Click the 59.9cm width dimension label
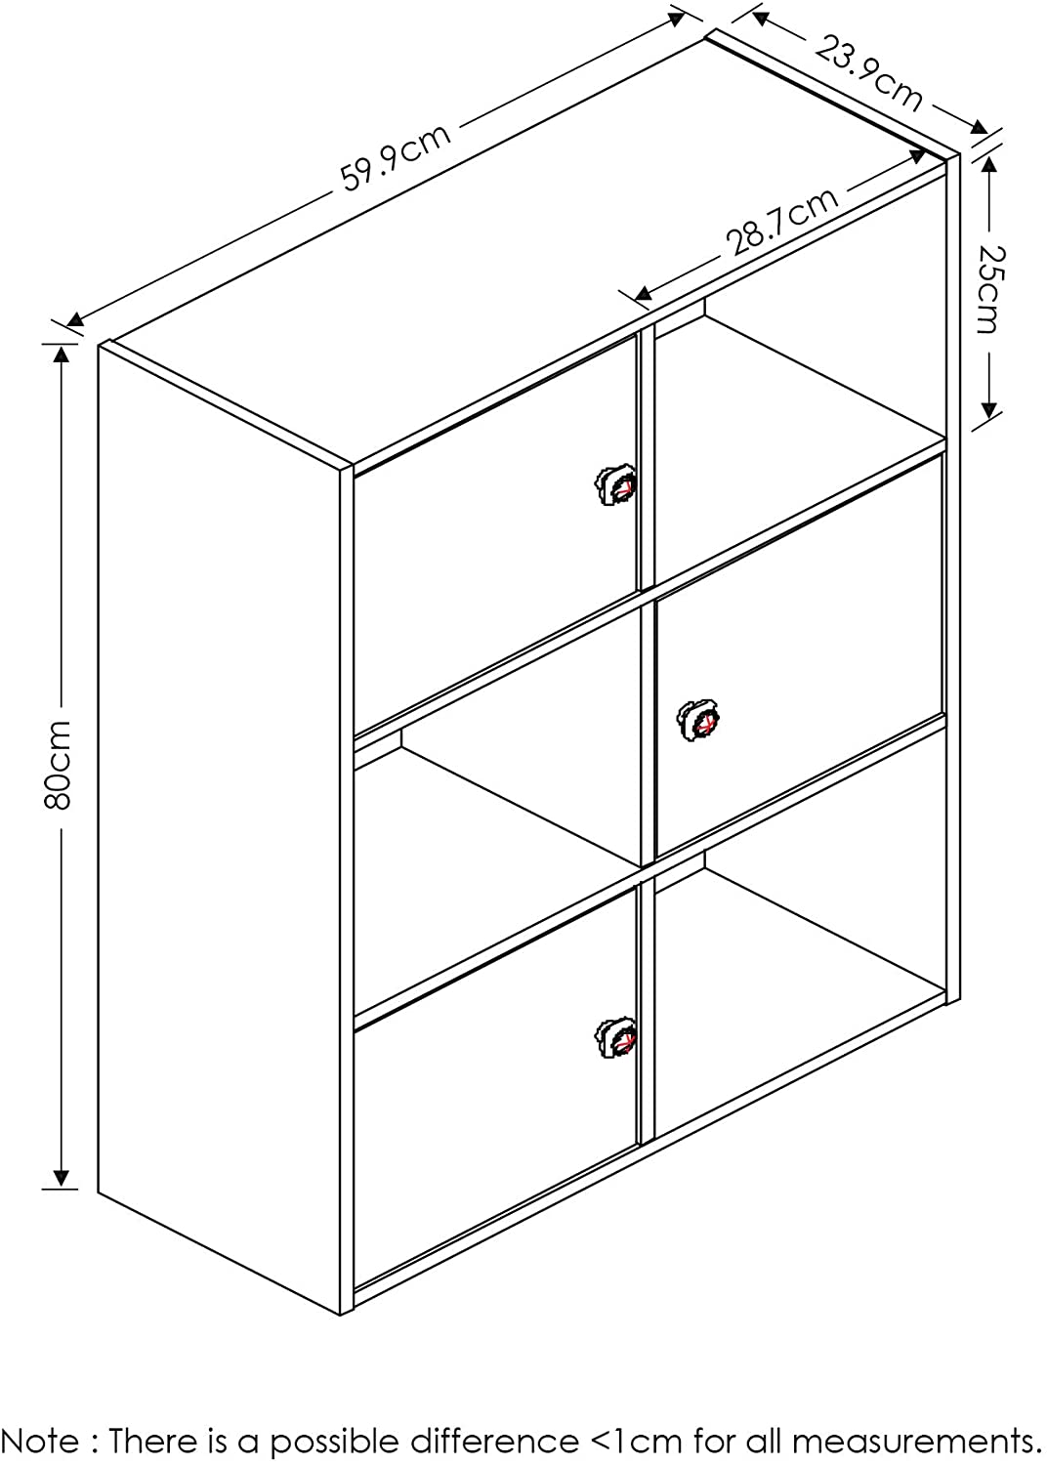point(397,156)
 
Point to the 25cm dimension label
point(988,288)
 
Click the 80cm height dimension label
point(61,764)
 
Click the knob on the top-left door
point(616,484)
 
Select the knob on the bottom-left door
point(616,1036)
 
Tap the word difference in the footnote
point(494,1441)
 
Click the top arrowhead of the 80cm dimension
point(61,354)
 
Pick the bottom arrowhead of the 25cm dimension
point(987,410)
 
